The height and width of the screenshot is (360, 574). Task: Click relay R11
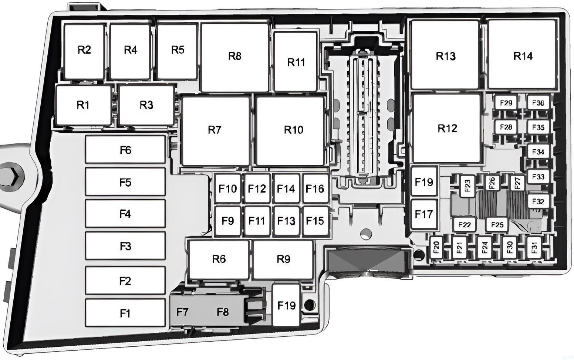point(296,61)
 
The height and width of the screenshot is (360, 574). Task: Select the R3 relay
point(146,105)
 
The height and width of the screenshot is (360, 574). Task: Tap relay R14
point(522,54)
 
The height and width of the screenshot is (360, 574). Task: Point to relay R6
point(219,259)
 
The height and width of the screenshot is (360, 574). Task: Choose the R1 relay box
point(84,105)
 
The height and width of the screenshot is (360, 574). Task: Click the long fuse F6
point(125,150)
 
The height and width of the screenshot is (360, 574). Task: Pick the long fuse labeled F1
point(125,313)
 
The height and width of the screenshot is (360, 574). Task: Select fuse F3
point(125,246)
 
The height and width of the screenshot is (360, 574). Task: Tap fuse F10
point(227,189)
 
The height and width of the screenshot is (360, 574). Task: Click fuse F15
point(315,221)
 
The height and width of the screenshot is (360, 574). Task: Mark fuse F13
point(286,221)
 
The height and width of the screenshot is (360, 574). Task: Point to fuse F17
point(424,214)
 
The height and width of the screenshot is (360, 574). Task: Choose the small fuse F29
point(506,103)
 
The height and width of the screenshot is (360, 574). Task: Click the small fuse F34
point(538,152)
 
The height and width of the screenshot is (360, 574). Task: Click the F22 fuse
point(464,225)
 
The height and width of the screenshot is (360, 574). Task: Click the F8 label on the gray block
point(222,312)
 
